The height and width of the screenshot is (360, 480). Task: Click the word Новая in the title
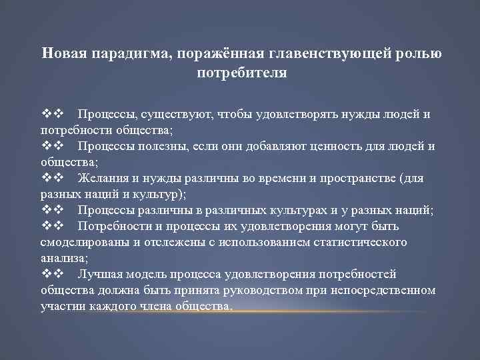(x=60, y=53)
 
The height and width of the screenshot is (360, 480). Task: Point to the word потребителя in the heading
(x=241, y=72)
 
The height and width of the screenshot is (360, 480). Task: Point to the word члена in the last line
(x=149, y=306)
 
